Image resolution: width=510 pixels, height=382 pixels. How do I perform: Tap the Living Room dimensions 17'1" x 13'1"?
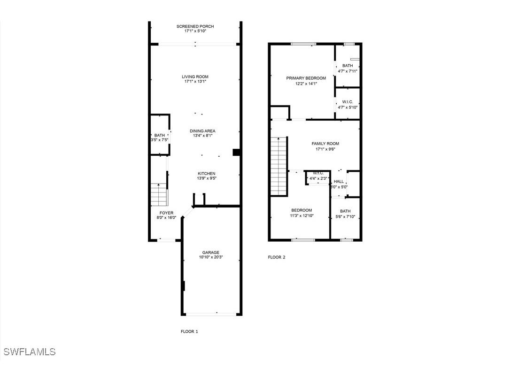[195, 82]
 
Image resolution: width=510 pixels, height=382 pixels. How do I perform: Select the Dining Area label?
[202, 131]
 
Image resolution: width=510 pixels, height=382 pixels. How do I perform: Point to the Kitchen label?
[206, 174]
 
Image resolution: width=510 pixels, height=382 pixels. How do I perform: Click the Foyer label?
[166, 213]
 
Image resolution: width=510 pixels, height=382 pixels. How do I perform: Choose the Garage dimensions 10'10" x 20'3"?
[211, 257]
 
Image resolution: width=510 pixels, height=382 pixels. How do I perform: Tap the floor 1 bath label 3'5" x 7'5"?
[160, 140]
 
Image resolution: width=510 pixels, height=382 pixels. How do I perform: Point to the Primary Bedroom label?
[306, 78]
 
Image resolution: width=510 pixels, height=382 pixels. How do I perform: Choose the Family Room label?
[325, 144]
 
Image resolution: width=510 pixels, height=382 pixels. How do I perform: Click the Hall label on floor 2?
[339, 182]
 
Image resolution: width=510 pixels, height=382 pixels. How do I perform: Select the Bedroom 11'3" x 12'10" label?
[301, 210]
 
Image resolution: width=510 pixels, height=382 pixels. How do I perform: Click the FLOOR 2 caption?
[276, 257]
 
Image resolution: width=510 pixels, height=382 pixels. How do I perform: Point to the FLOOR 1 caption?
[189, 331]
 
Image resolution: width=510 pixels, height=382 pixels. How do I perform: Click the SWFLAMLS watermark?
[29, 351]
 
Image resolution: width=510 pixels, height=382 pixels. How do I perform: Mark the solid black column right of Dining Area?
[237, 152]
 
